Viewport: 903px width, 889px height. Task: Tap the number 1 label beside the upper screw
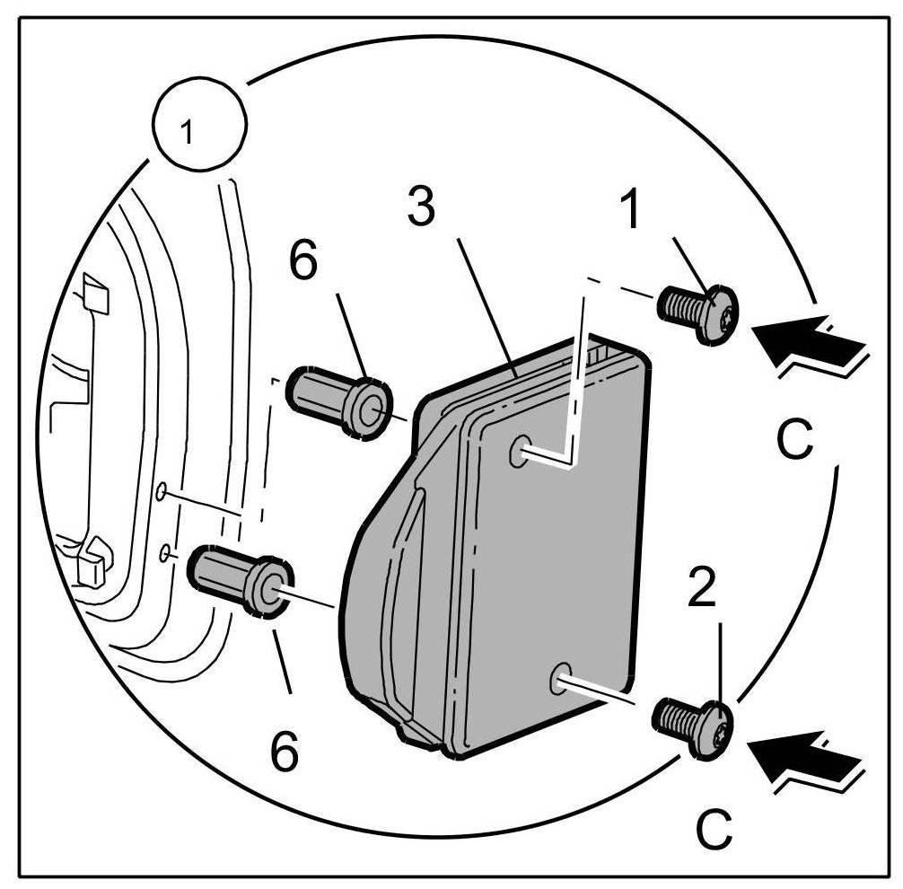(x=632, y=208)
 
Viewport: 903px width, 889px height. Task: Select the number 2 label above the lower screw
(x=703, y=586)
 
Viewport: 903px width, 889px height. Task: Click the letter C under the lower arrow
(x=715, y=830)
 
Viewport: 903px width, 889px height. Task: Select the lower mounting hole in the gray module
(x=562, y=677)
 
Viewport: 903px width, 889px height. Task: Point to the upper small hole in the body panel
(x=161, y=491)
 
